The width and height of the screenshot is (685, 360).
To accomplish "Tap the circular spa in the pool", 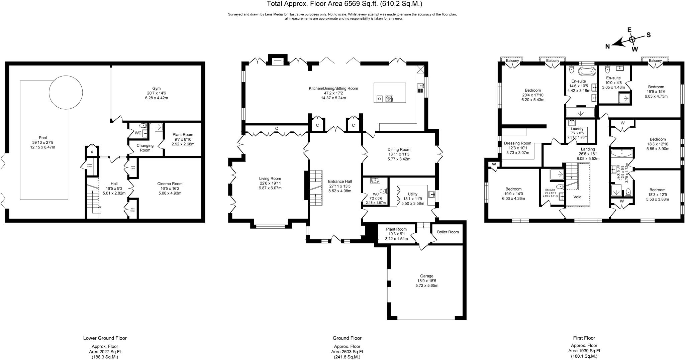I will [x=66, y=93].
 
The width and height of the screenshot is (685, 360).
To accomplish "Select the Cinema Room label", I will [x=170, y=184].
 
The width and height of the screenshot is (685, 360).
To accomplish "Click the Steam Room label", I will [x=90, y=165].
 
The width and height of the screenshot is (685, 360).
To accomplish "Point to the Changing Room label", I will [x=145, y=148].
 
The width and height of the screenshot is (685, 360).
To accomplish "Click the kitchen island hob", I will [x=390, y=99].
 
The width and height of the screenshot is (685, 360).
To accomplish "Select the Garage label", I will [x=426, y=276].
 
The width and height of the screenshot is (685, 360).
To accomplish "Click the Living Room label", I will [x=270, y=178].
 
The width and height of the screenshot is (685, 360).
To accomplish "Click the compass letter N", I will [x=607, y=46].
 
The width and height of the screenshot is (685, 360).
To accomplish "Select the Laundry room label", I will [x=577, y=129].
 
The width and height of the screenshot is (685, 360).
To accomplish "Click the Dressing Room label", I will [x=517, y=143].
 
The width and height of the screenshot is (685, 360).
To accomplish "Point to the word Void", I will [x=577, y=197].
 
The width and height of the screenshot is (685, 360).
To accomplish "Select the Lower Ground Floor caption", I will [x=105, y=338].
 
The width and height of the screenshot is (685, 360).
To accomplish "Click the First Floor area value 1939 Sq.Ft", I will [x=584, y=351].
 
